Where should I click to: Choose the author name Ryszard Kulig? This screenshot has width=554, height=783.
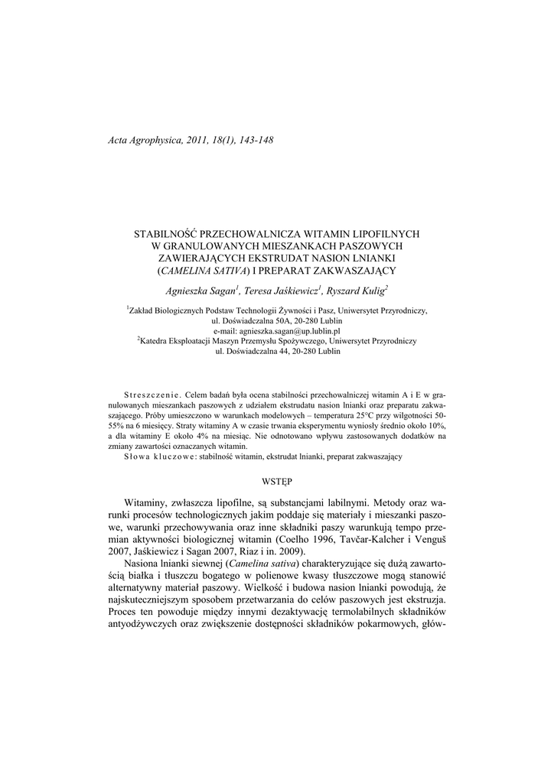[x=356, y=291]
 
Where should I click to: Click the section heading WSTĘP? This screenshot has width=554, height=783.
[x=277, y=481]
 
